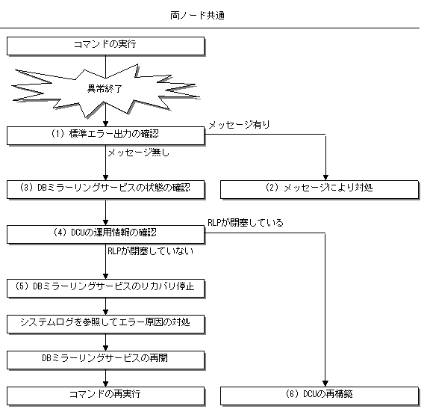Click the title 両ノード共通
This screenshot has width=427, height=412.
(x=197, y=16)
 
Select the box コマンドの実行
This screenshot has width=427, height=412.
(x=105, y=46)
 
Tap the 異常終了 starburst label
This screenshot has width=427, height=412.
(x=105, y=88)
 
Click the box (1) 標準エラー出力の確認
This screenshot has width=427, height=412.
(x=105, y=135)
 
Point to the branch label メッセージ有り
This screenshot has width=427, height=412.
(x=239, y=124)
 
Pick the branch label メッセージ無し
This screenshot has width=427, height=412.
(x=139, y=153)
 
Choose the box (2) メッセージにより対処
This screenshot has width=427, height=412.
(x=320, y=189)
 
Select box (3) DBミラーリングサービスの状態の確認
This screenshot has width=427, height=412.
(x=105, y=189)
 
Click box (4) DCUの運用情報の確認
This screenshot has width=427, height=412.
(x=105, y=234)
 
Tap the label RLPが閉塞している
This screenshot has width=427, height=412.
(x=246, y=223)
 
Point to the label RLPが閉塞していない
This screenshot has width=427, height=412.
(x=151, y=251)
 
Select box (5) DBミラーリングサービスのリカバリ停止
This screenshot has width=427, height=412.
(x=105, y=288)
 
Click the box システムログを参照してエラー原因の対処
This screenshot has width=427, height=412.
(x=105, y=324)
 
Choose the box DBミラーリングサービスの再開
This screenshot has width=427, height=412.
(x=105, y=360)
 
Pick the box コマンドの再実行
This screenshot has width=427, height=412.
(x=105, y=396)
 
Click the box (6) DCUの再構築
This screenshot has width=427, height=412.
(x=320, y=396)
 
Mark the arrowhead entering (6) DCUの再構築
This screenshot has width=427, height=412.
(x=325, y=384)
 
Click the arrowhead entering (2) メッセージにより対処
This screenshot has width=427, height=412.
(x=325, y=177)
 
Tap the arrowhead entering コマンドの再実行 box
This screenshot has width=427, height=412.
(x=106, y=384)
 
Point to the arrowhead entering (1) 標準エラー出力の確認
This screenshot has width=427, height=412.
(x=106, y=123)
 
